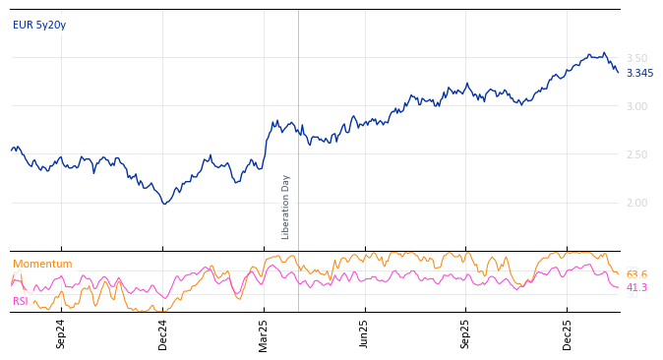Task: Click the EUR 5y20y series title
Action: coord(39,25)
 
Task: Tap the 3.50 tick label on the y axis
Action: coord(636,58)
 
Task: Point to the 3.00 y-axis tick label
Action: coord(636,106)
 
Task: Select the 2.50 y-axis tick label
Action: coord(636,154)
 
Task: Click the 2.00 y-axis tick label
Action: coord(636,203)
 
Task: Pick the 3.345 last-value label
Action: coord(639,73)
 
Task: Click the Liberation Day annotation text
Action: coord(286,207)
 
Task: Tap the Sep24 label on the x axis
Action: coord(61,333)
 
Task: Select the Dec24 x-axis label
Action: coord(163,333)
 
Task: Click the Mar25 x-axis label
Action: coord(264,333)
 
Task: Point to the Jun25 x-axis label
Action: coord(365,333)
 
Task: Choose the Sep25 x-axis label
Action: coord(466,333)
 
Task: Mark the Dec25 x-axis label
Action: coord(568,333)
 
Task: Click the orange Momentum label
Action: coord(42,264)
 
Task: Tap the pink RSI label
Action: coord(21,301)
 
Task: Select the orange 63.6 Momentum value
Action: coord(636,274)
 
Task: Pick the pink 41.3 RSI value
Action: coord(636,287)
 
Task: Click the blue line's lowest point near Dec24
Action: coord(164,204)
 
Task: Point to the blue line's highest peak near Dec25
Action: coord(604,52)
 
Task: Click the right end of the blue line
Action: coord(618,72)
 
